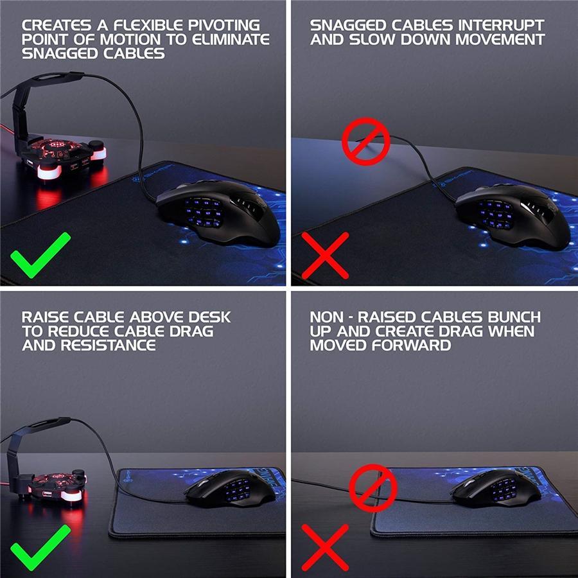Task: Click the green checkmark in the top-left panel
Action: (x=40, y=254)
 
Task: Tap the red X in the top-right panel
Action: (x=324, y=255)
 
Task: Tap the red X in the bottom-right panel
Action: (x=324, y=547)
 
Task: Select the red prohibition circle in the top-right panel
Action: (x=365, y=140)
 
